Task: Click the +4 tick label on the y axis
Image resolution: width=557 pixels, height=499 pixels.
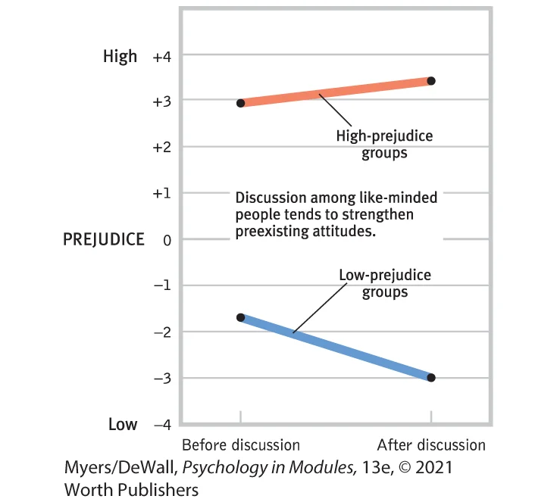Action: click(x=163, y=56)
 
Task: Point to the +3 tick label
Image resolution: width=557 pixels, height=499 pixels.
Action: click(x=163, y=101)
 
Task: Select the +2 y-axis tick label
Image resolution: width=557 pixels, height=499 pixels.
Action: click(x=163, y=147)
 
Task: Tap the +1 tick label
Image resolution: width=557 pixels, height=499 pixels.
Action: click(x=163, y=193)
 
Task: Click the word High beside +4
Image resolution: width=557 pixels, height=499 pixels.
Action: click(x=120, y=56)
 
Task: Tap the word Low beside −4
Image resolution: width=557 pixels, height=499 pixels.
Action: click(x=122, y=424)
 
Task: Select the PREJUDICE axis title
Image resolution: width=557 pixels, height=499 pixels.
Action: click(x=103, y=239)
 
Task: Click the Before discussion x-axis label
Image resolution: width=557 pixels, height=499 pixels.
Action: click(x=241, y=444)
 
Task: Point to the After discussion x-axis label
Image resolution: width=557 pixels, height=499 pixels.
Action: click(x=431, y=444)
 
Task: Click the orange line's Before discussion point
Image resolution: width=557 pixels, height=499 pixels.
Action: click(x=241, y=103)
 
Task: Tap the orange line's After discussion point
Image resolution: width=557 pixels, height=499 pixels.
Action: click(x=431, y=80)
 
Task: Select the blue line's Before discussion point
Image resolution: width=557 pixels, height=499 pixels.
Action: click(x=241, y=317)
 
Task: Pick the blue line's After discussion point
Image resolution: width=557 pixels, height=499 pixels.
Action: click(x=431, y=378)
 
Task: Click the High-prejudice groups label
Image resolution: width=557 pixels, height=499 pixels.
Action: click(x=384, y=145)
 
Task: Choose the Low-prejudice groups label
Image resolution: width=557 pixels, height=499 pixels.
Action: click(x=385, y=283)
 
